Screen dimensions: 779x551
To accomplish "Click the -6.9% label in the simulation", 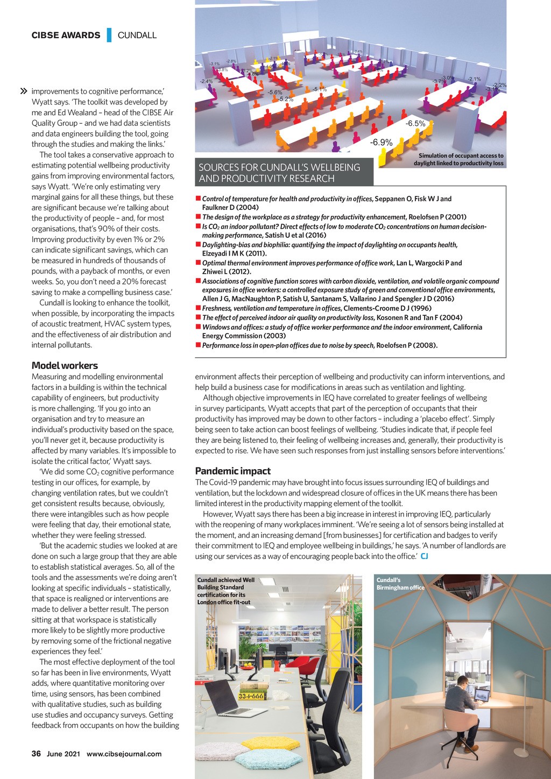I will point(381,143).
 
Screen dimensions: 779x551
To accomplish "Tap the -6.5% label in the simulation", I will point(415,124).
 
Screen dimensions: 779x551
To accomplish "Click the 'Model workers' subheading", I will point(65,366).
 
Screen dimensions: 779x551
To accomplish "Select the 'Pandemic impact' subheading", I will point(232,471).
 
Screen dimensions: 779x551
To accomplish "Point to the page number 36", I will point(36,754).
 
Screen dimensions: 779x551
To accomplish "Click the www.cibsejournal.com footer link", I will point(124,754).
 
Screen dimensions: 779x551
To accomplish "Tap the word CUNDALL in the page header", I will point(137,36).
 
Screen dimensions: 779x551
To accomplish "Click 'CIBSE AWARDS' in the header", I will point(66,36).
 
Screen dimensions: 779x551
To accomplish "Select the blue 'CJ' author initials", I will point(424,556).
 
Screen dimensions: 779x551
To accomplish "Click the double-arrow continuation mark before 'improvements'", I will point(23,91).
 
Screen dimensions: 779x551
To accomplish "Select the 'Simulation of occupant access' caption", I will point(458,159).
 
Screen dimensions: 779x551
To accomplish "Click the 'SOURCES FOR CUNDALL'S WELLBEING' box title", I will point(279,173).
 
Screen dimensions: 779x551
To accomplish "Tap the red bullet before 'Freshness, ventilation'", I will point(198,308).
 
